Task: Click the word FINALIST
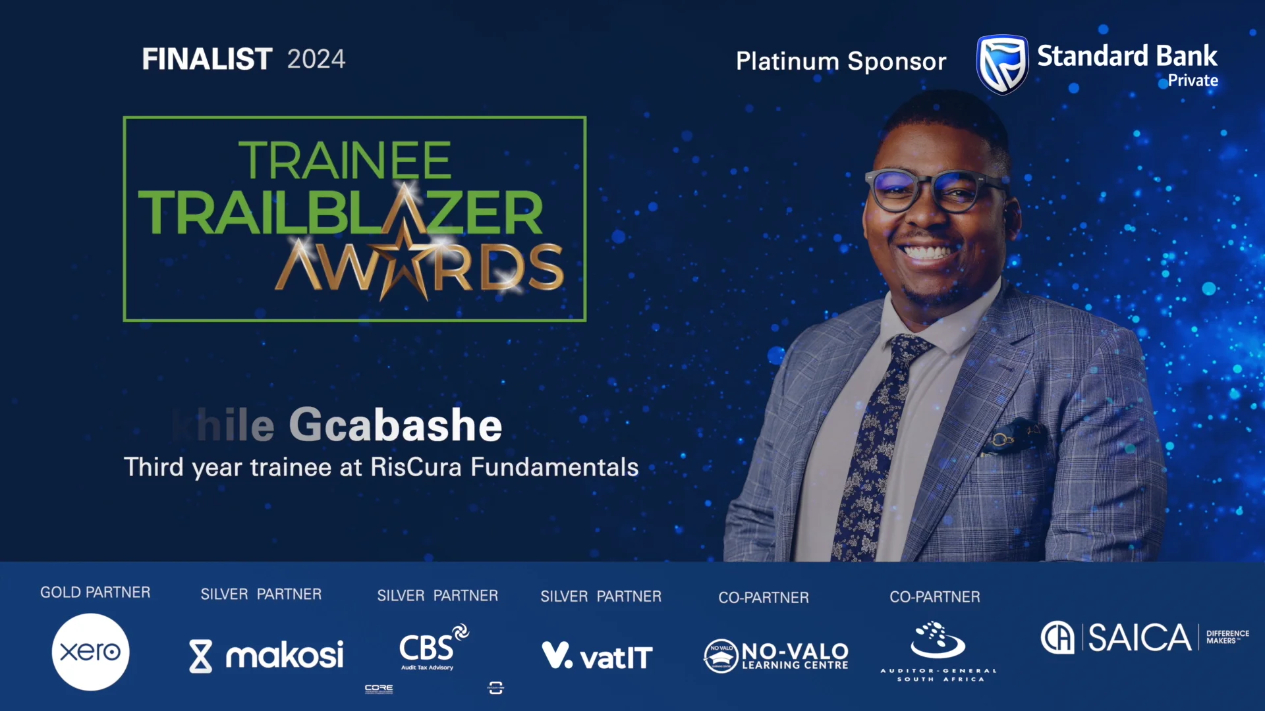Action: [207, 59]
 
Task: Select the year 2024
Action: [316, 59]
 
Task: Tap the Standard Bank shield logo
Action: [1001, 65]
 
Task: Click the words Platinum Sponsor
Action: [841, 61]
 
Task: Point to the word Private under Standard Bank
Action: [1193, 81]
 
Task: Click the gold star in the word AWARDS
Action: [403, 260]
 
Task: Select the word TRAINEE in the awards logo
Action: [345, 161]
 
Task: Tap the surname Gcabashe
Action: [395, 425]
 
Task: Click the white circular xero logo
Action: [90, 652]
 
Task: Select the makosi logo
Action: [266, 656]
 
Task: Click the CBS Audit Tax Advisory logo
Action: [432, 648]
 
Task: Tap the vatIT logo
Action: [597, 656]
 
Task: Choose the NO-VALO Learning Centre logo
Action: [776, 656]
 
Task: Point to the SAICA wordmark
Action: [1138, 637]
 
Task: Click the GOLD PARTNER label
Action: [96, 592]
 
